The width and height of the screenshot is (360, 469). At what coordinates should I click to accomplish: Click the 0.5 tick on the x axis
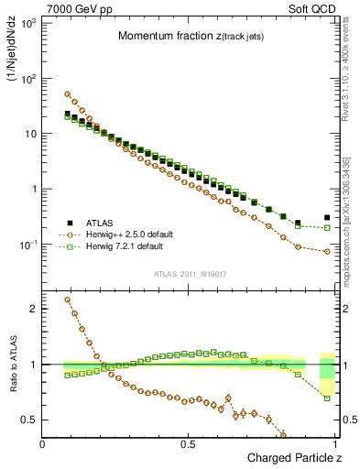(x=189, y=444)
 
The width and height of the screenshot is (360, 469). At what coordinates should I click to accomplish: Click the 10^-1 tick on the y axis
(x=27, y=245)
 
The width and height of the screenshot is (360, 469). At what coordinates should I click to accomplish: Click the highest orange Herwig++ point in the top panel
(x=68, y=93)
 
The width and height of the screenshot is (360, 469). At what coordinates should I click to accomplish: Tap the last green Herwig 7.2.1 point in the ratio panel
(x=327, y=398)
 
